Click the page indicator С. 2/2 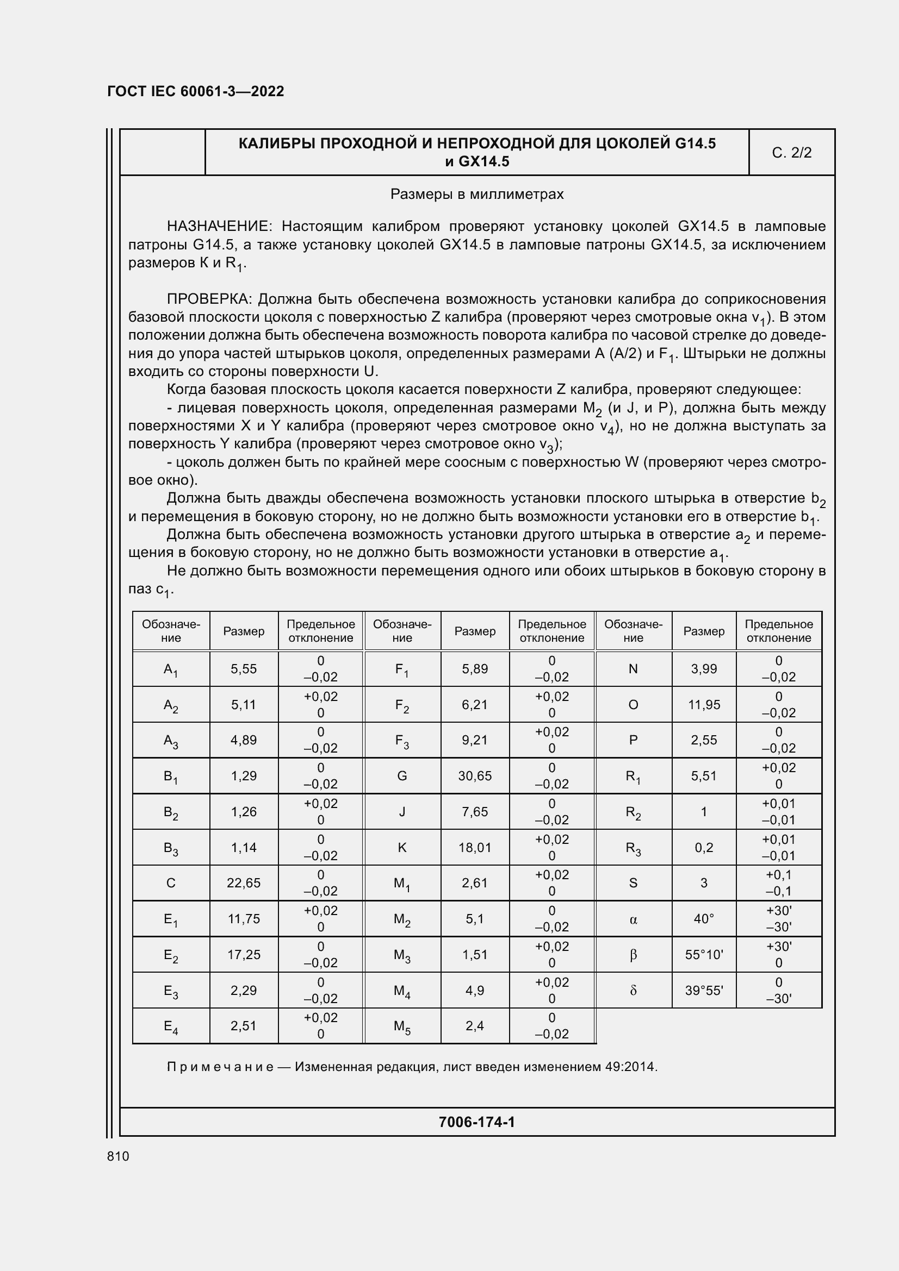click(x=791, y=153)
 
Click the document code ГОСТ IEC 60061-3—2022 click(x=196, y=91)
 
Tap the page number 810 click(x=118, y=1156)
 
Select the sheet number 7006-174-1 click(x=476, y=1122)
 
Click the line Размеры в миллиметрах click(x=476, y=195)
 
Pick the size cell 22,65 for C click(x=244, y=883)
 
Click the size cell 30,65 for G click(x=475, y=776)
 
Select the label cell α click(x=633, y=919)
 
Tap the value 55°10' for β click(x=703, y=955)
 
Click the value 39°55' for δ click(x=703, y=991)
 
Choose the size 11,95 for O click(x=703, y=705)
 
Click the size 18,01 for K click(x=475, y=848)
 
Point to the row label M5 click(x=402, y=1026)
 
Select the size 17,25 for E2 click(x=244, y=955)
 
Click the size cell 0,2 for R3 click(x=703, y=848)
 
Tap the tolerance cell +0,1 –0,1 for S click(x=778, y=883)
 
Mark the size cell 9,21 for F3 click(x=475, y=740)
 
